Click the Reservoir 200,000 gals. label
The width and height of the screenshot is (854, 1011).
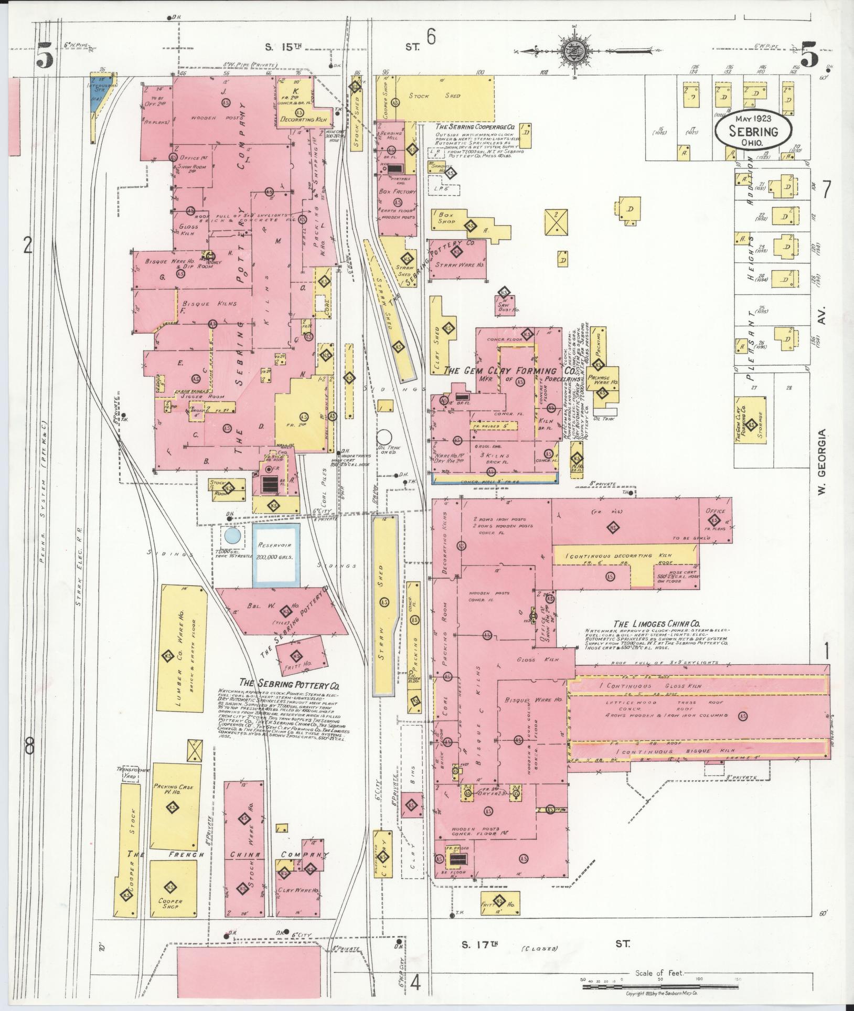coord(276,550)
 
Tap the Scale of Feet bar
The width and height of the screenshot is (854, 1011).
coord(661,986)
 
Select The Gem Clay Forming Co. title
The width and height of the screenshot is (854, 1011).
coord(509,370)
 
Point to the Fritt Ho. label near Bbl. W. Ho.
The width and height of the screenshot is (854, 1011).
coord(299,664)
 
